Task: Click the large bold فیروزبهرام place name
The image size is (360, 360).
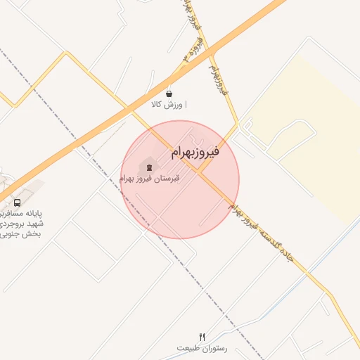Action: point(195,152)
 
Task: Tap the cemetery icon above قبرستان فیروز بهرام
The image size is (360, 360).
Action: point(148,167)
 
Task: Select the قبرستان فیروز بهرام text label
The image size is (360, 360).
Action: point(149,179)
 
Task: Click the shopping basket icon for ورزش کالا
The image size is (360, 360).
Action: point(169,94)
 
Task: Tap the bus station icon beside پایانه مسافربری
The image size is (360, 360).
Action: point(17,202)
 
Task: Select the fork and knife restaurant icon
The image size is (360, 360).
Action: point(202,337)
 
